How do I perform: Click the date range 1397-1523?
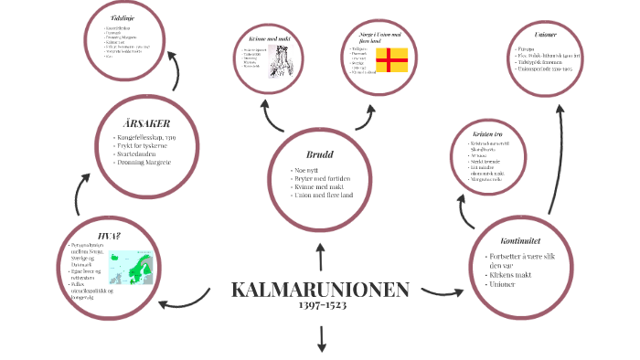[321, 305]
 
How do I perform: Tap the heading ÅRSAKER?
[146, 123]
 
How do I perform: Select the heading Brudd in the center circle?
[319, 154]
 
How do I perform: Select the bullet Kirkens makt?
[513, 275]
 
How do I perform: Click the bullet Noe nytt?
[307, 170]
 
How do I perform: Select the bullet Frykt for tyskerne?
[150, 145]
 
